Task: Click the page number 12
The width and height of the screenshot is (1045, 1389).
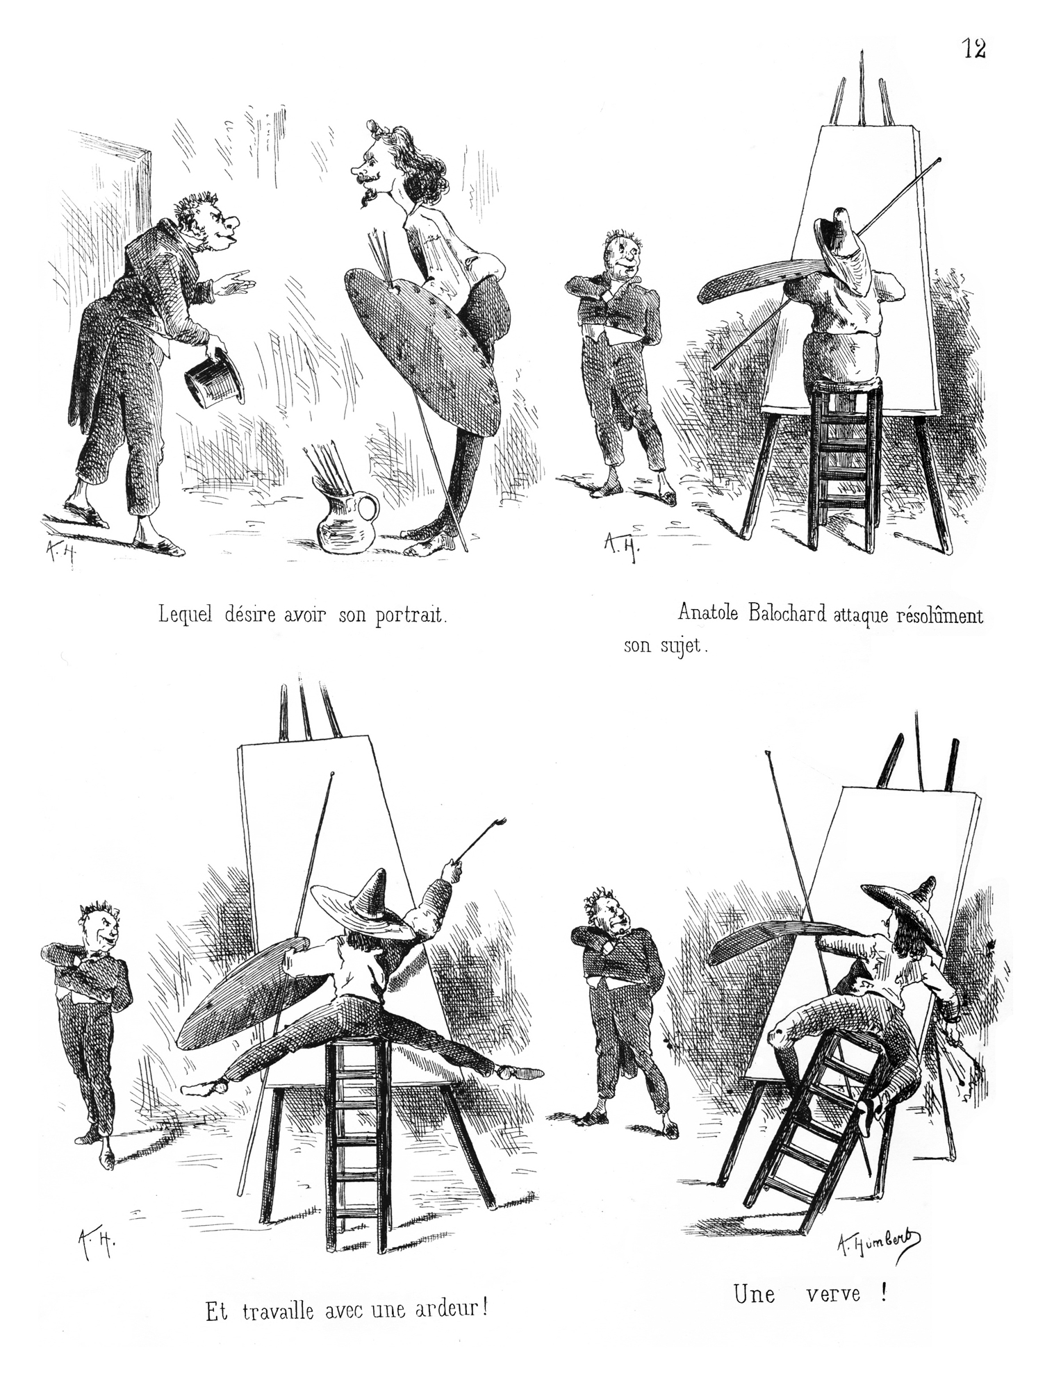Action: [973, 49]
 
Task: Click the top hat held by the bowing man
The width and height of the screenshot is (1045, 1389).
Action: [215, 383]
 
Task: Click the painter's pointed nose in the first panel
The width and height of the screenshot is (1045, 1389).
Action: [358, 169]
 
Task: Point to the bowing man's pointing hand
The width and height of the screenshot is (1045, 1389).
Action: [234, 281]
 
